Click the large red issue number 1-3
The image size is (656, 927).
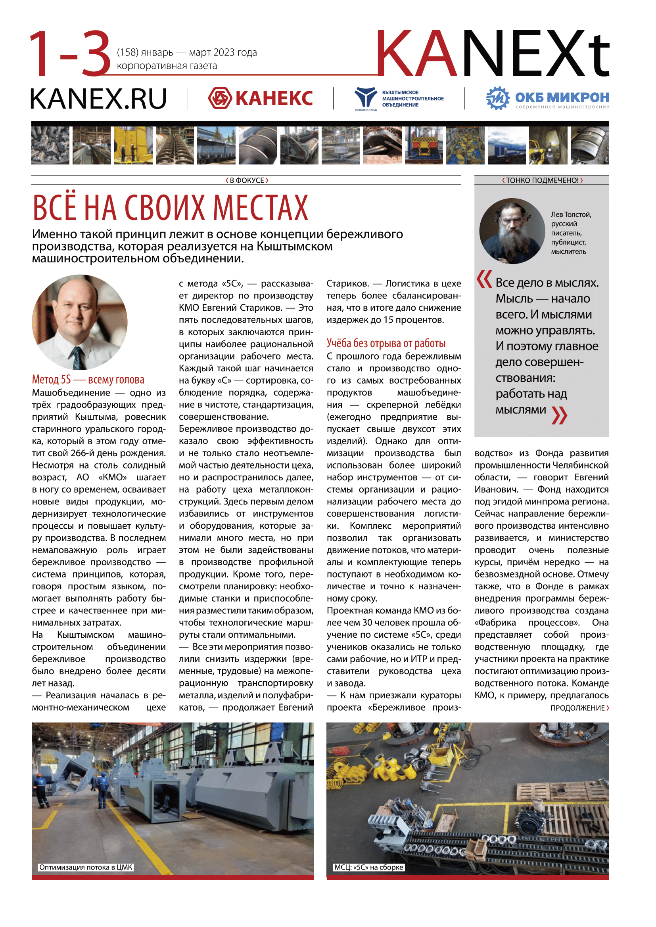point(70,53)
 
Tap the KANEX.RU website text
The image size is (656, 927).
point(98,99)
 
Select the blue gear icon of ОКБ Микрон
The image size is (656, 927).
point(498,98)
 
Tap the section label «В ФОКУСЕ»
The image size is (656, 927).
point(246,180)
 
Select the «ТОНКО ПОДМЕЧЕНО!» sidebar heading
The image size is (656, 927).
point(542,180)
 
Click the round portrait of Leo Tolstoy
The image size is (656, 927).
point(512,231)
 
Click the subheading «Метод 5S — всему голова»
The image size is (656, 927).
point(88,380)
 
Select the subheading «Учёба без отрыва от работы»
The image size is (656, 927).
point(386,344)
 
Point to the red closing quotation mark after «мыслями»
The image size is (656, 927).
point(559,415)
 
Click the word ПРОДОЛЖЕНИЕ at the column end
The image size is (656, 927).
point(577,708)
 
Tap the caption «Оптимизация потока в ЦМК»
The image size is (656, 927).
point(86,867)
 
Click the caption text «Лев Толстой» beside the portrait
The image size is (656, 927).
point(571,214)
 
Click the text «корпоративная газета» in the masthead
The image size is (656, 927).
point(167,66)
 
